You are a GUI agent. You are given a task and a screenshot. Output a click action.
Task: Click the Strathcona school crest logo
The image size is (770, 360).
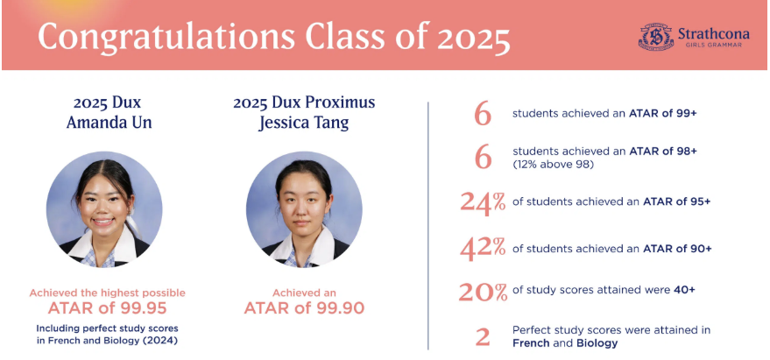[x=655, y=36]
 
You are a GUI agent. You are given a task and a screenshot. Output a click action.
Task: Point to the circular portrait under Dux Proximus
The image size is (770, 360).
[x=304, y=209]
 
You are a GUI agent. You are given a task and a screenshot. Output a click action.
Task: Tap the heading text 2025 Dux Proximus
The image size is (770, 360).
[x=304, y=102]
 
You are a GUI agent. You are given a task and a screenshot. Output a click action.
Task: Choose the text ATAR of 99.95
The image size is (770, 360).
[x=107, y=307]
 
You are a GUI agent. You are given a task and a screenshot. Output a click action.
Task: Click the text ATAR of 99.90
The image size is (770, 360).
[x=304, y=307]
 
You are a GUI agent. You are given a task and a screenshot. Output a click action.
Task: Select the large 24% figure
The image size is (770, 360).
[x=483, y=201]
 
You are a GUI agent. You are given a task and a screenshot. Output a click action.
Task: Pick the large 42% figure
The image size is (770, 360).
[x=483, y=248]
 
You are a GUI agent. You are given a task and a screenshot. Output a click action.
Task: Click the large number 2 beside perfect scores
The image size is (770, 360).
[x=483, y=336]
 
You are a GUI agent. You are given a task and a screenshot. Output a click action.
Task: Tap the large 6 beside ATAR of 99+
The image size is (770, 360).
[x=483, y=113]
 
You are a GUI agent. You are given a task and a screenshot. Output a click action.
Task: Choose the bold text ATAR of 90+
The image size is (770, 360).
[x=677, y=248]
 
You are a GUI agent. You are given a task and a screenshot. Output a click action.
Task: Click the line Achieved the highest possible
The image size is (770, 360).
[x=107, y=293]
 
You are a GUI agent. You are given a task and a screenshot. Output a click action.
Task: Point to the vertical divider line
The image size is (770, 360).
[x=428, y=228]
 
